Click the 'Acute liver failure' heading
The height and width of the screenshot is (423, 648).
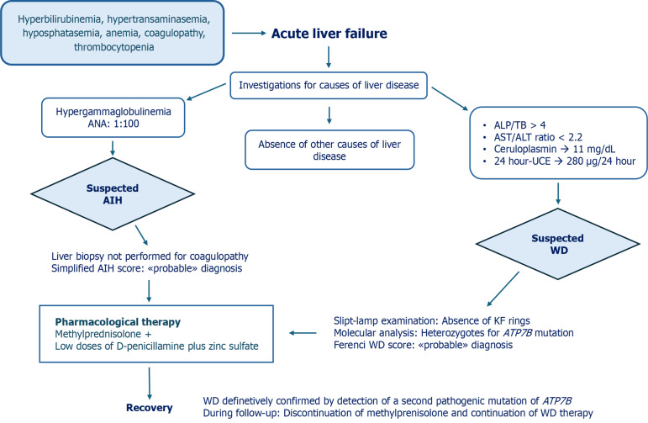point(329,34)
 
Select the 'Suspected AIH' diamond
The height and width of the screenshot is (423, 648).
point(113,194)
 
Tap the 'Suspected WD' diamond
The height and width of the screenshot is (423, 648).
point(558,244)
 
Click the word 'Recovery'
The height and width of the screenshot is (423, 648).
point(150,408)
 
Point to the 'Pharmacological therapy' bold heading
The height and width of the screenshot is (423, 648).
point(118,322)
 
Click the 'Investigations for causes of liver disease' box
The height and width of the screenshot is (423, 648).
point(329,86)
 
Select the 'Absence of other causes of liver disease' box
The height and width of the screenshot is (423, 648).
point(329,150)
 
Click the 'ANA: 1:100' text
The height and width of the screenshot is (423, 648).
point(113,124)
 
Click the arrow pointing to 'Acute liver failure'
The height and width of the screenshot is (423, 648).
point(249,33)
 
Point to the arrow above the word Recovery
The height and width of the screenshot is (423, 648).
point(150,383)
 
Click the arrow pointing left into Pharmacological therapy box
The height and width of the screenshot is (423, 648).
point(303,333)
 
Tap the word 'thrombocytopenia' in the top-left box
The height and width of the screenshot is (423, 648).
point(114,47)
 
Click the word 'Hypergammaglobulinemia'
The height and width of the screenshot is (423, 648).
point(113,112)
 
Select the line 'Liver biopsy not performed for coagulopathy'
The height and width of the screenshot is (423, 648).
point(150,256)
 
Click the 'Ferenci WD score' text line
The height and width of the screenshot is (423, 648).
point(424,345)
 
